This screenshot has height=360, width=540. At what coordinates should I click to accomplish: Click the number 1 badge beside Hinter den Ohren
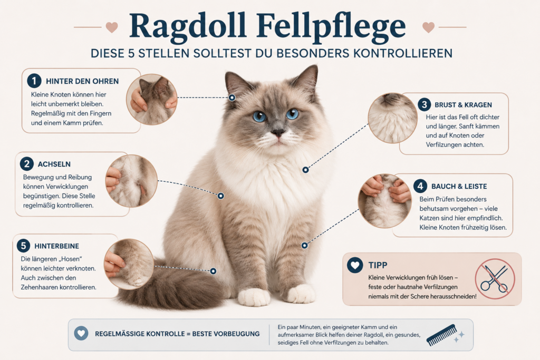point(34,81)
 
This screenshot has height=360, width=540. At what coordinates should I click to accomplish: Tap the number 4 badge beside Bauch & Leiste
point(420,186)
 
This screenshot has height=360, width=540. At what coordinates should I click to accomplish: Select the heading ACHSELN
point(54,164)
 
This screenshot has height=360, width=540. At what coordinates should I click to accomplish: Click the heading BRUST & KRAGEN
point(463,105)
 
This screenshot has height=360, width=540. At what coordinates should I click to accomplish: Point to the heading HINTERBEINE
point(57,246)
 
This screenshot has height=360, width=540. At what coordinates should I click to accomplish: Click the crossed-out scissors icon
point(495,279)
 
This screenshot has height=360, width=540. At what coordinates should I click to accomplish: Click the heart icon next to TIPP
point(355,265)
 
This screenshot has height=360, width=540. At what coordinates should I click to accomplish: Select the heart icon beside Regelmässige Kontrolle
point(81,334)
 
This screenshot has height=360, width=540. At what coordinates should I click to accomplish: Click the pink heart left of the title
point(112,27)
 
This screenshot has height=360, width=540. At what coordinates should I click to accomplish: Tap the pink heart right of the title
point(428,27)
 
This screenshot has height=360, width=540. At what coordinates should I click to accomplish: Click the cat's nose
point(277,132)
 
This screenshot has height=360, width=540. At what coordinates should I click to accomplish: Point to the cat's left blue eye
point(259,116)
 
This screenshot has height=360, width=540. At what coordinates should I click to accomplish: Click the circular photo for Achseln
point(131,181)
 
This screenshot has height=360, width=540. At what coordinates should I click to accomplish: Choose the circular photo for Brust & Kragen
point(392,118)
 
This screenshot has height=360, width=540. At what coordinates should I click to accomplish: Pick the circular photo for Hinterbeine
point(129,264)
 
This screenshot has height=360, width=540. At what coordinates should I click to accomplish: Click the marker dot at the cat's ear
point(232,98)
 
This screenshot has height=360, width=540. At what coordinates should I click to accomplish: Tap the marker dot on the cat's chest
point(305,170)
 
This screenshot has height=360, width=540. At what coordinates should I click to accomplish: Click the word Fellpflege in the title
point(331,27)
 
